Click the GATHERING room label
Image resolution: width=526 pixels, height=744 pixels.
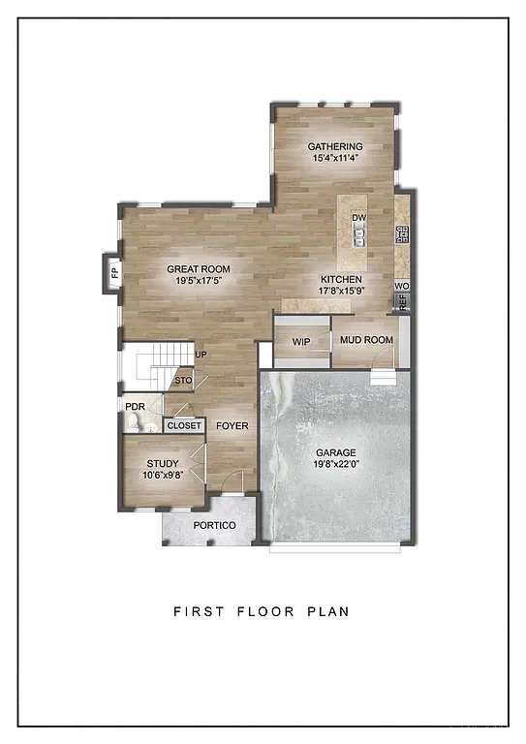pyautogui.click(x=335, y=146)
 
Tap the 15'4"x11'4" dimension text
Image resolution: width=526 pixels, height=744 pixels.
pyautogui.click(x=335, y=158)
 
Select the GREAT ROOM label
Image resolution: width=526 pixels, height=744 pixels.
pyautogui.click(x=198, y=269)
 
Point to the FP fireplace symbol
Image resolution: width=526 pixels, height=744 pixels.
pyautogui.click(x=113, y=272)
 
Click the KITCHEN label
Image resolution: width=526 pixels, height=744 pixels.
pyautogui.click(x=341, y=279)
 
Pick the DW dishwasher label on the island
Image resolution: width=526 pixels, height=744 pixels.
pyautogui.click(x=358, y=219)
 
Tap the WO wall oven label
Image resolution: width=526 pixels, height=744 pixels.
pyautogui.click(x=402, y=287)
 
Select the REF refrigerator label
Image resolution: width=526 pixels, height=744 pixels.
pyautogui.click(x=402, y=301)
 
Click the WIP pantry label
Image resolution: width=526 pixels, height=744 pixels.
pyautogui.click(x=300, y=341)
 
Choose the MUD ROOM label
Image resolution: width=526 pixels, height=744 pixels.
pyautogui.click(x=365, y=340)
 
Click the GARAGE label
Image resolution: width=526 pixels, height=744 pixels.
pyautogui.click(x=336, y=452)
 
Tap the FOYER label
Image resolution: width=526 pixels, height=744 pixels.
pyautogui.click(x=231, y=425)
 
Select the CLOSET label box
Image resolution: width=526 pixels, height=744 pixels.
pyautogui.click(x=185, y=425)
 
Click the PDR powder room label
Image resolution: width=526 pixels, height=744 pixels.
pyautogui.click(x=135, y=407)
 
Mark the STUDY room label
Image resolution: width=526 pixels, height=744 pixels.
pyautogui.click(x=163, y=464)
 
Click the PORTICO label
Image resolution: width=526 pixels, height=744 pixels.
pyautogui.click(x=214, y=525)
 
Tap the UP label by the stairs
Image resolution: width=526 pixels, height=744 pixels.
pyautogui.click(x=201, y=355)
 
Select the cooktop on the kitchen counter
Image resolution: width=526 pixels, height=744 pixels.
pyautogui.click(x=402, y=234)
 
